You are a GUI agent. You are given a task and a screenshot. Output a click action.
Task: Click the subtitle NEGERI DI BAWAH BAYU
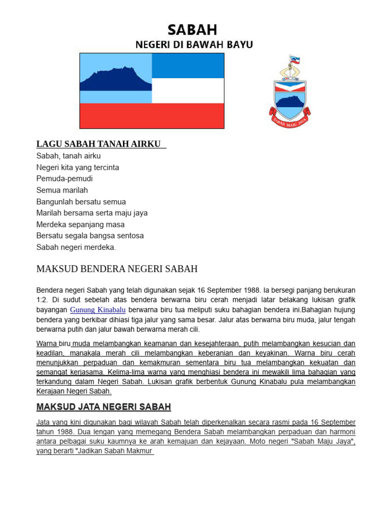click(x=194, y=45)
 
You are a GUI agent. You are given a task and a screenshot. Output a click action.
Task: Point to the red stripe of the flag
click(x=152, y=115)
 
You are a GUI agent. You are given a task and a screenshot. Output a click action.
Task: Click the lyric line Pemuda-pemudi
click(x=64, y=179)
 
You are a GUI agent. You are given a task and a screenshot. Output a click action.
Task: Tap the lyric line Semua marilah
click(x=62, y=190)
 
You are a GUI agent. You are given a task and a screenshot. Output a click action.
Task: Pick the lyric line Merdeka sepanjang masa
click(x=80, y=224)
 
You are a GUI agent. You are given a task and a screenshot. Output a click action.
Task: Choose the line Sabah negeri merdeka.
click(x=76, y=247)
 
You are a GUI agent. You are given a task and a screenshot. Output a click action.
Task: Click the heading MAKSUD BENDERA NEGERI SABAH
click(x=117, y=269)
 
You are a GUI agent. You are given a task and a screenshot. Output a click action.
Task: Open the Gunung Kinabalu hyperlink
click(x=97, y=310)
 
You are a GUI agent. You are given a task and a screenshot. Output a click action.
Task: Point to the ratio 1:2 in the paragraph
click(x=43, y=300)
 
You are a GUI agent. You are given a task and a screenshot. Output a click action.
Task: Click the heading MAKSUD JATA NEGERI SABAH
click(x=104, y=407)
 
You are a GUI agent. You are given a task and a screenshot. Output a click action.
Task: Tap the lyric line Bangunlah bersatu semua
click(x=81, y=202)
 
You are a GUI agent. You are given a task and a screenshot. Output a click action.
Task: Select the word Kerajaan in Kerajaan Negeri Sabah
click(x=50, y=392)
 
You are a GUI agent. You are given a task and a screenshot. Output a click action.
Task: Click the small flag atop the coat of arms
click(x=295, y=60)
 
